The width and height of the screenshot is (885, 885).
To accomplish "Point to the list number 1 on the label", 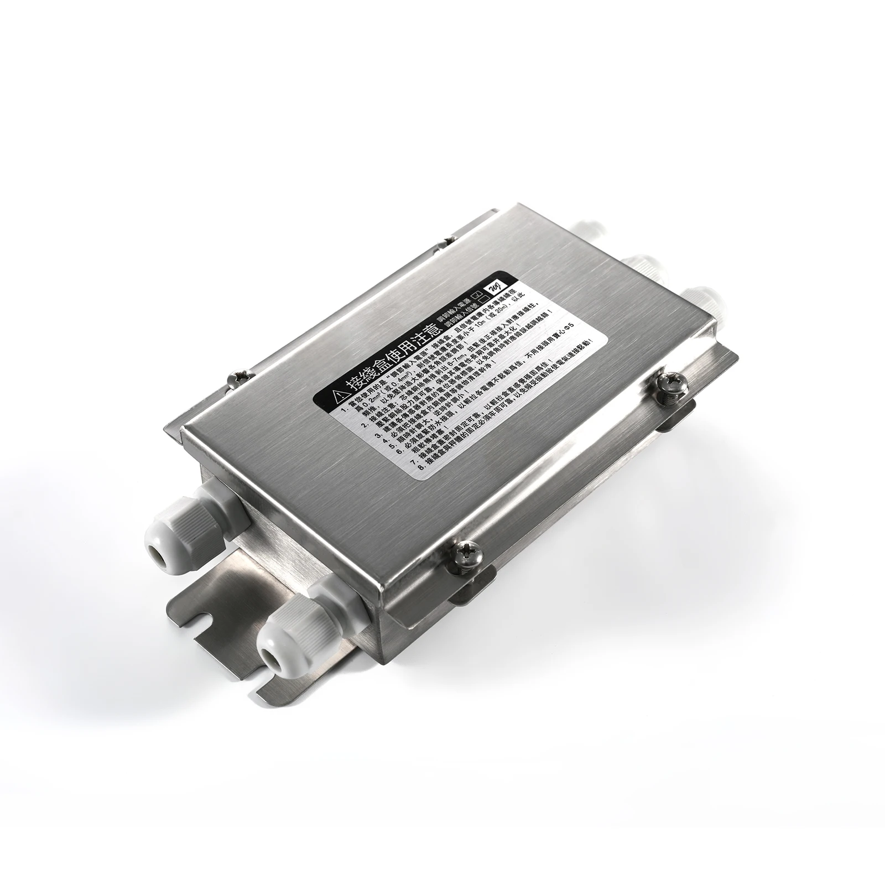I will [343, 410].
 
